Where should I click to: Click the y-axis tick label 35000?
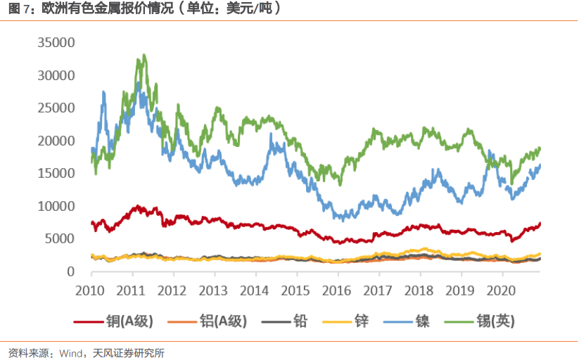tap(56, 43)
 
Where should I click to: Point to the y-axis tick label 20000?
tap(56, 141)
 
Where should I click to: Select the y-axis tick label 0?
tap(70, 271)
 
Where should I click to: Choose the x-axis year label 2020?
tap(501, 290)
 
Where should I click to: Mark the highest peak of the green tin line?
tap(144, 55)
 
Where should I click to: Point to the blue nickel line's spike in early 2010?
tap(104, 92)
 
